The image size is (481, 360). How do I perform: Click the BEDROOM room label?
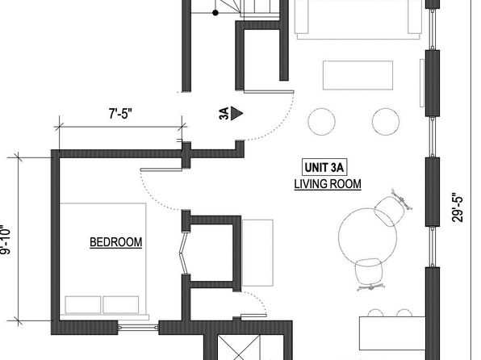click(116, 242)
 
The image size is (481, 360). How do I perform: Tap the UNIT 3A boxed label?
click(324, 168)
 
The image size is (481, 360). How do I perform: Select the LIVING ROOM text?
click(328, 184)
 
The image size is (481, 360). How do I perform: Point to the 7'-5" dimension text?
click(120, 114)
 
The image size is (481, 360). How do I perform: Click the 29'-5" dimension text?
click(457, 207)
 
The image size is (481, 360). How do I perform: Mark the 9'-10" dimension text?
click(6, 241)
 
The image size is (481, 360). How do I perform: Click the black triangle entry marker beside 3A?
click(236, 113)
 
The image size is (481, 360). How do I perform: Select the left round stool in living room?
click(321, 122)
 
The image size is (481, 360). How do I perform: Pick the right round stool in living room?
click(386, 122)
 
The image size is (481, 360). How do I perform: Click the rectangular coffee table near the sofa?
click(358, 75)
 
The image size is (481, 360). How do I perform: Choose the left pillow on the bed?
click(83, 305)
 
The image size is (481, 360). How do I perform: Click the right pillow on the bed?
click(121, 305)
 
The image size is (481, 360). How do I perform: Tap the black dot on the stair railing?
click(215, 13)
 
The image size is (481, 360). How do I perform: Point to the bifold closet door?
click(183, 253)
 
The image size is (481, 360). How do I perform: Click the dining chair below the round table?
click(370, 273)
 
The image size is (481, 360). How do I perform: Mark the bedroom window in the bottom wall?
click(138, 328)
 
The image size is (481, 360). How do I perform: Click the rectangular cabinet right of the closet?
click(257, 253)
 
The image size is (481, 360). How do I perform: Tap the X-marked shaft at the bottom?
click(239, 348)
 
